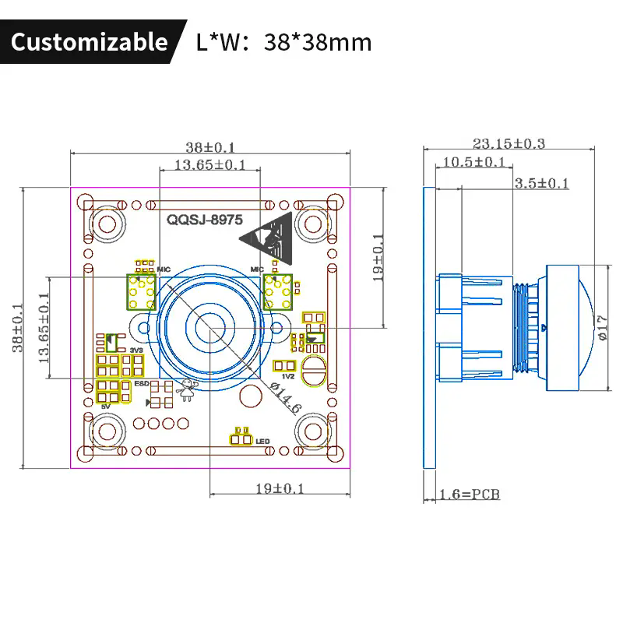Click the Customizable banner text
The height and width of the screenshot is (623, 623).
point(89,41)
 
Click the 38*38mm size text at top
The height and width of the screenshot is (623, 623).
point(318,41)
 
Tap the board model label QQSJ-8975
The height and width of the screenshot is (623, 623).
point(205,220)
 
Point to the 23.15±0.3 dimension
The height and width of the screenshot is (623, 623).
point(509,143)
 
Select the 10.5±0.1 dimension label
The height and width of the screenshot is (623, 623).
point(473,162)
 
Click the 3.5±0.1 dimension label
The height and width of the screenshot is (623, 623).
point(542,183)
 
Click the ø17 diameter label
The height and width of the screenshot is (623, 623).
point(599,327)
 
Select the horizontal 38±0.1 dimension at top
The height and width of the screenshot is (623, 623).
point(210,146)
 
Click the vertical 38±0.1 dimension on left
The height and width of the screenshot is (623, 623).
point(18,327)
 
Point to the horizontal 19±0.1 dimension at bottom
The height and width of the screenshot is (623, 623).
point(280,488)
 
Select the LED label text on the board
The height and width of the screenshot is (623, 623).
point(262,442)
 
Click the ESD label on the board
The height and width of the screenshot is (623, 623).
point(141,384)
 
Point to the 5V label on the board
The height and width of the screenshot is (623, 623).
point(107,406)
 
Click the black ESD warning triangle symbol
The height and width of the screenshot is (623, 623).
point(273,233)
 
